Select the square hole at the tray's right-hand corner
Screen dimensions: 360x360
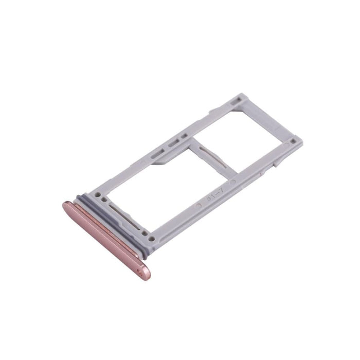[x=293, y=139]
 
